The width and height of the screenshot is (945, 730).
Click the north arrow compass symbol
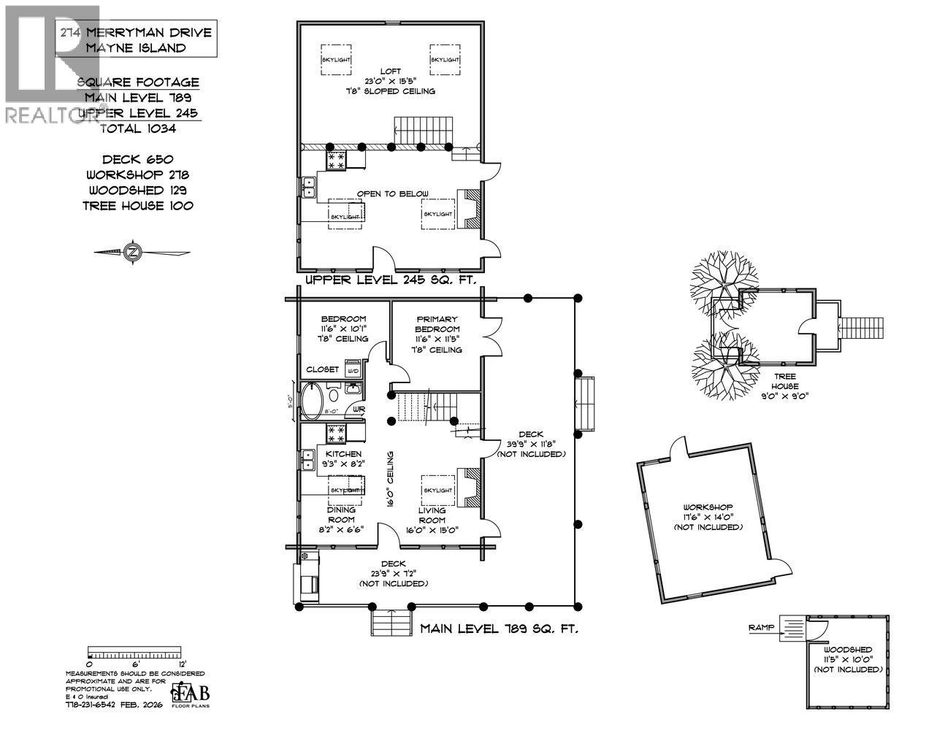pyautogui.click(x=133, y=253)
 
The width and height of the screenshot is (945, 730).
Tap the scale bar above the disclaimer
pyautogui.click(x=134, y=651)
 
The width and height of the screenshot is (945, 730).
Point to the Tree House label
pyautogui.click(x=786, y=391)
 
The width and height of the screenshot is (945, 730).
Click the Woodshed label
pyautogui.click(x=848, y=659)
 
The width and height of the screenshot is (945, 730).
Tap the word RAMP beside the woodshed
pyautogui.click(x=762, y=628)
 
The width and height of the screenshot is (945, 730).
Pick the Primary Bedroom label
pyautogui.click(x=437, y=334)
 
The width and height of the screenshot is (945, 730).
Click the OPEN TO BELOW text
pyautogui.click(x=392, y=194)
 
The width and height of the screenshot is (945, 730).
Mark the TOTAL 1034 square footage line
pyautogui.click(x=138, y=128)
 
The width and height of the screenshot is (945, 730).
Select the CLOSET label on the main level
pyautogui.click(x=322, y=369)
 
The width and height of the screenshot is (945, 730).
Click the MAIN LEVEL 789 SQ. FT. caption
pyautogui.click(x=499, y=629)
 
